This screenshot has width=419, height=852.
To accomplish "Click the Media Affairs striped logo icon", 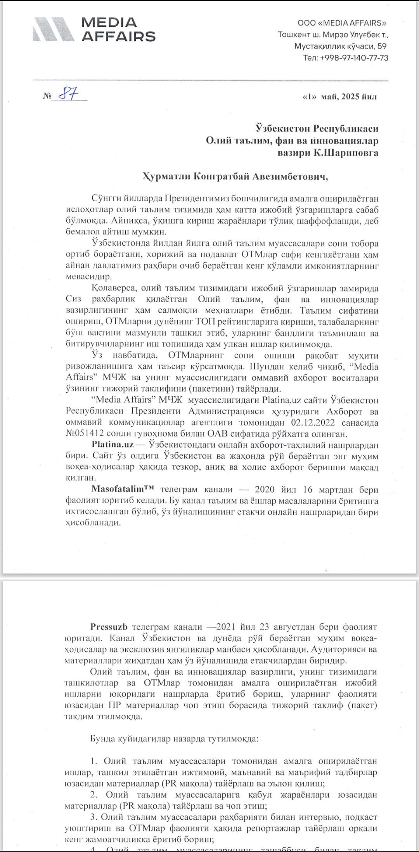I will tap(55, 29).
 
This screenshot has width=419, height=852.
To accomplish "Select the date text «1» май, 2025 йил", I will tap(339, 97).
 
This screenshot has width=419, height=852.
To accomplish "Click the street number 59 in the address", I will tap(382, 46).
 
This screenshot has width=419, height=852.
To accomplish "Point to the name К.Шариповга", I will tap(346, 152).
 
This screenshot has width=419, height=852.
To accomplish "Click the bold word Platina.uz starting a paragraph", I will tap(113, 445).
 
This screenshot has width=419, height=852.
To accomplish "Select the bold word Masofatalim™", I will tap(123, 489).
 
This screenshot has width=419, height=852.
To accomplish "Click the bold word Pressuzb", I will tap(109, 627).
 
